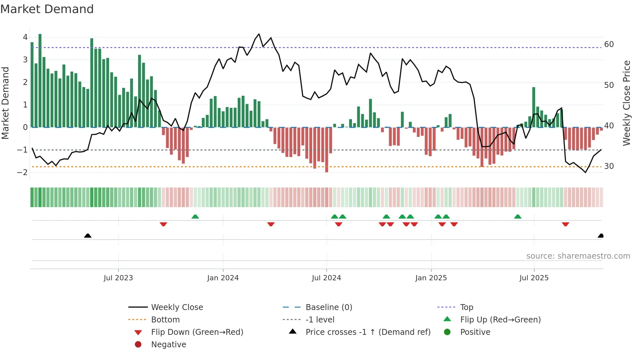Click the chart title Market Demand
(47, 9)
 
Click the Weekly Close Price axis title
(626, 103)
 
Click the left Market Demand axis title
(5, 103)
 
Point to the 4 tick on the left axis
(25, 37)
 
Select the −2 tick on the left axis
(23, 172)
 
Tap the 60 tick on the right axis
(609, 44)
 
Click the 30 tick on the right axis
(609, 166)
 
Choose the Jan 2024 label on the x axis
(223, 278)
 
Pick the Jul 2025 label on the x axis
(534, 278)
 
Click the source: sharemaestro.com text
(578, 256)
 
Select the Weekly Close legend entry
(177, 307)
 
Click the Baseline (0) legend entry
(328, 307)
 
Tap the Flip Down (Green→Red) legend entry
(197, 332)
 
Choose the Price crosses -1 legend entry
(368, 332)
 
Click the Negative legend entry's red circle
(138, 345)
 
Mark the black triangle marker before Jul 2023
(88, 236)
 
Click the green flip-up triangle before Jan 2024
(195, 217)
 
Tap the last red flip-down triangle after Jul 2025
(566, 224)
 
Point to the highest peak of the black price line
(259, 34)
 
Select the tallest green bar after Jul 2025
(534, 107)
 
